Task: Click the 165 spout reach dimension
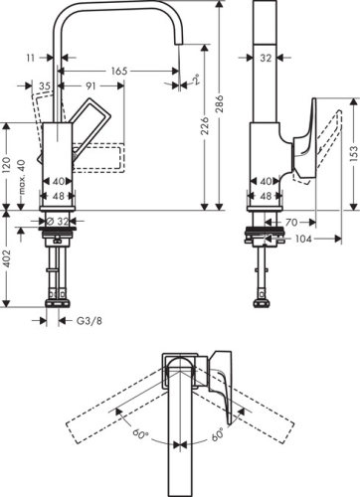click(118, 72)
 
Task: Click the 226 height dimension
click(204, 152)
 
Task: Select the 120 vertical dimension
click(6, 166)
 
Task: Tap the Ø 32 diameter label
click(57, 221)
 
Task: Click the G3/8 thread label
click(90, 320)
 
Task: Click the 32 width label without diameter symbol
click(266, 59)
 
